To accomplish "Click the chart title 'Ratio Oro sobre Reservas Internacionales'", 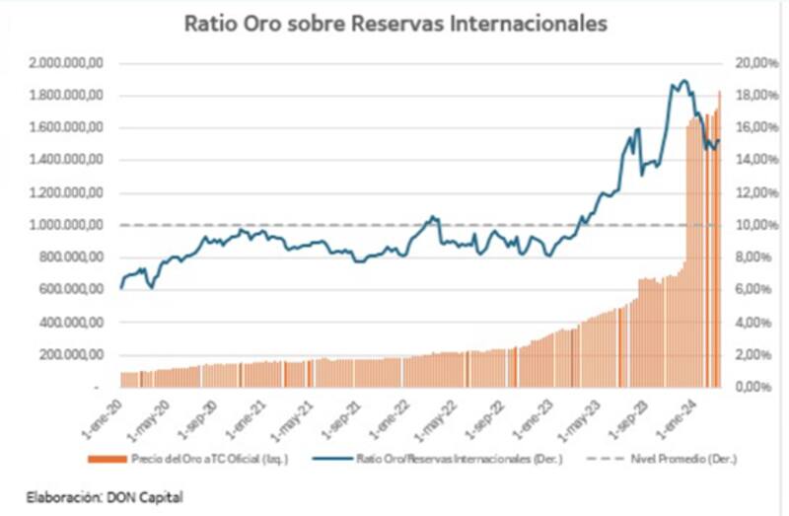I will pyautogui.click(x=395, y=23).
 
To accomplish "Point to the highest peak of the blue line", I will pyautogui.click(x=681, y=81).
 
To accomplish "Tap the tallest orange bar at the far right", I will pyautogui.click(x=719, y=92).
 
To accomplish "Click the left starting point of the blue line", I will pyautogui.click(x=121, y=287).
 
